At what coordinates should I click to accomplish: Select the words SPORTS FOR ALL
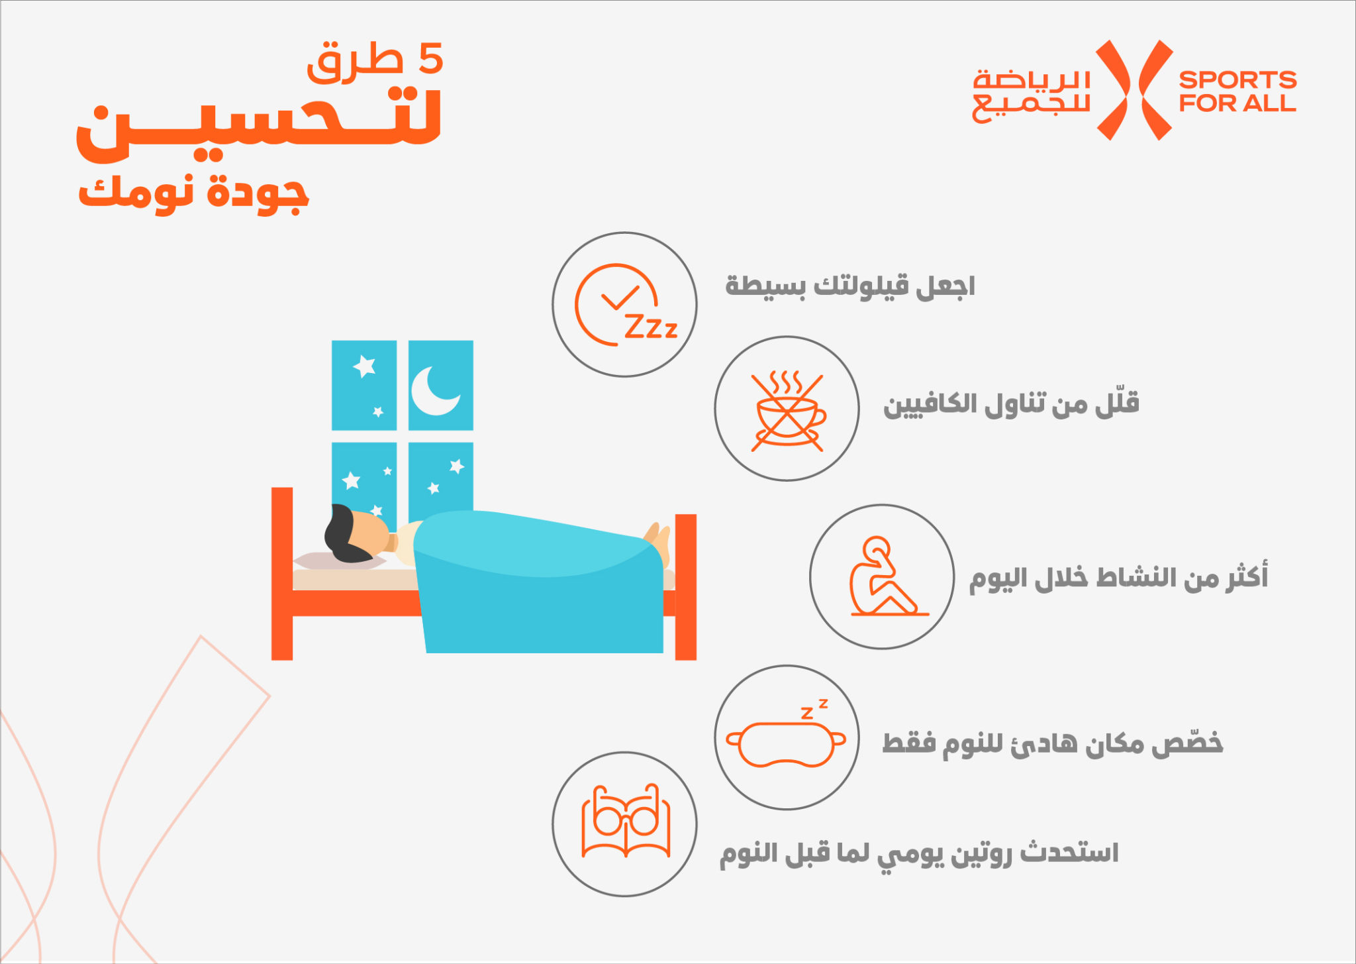click(x=1237, y=91)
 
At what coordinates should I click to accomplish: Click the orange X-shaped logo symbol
click(x=1135, y=90)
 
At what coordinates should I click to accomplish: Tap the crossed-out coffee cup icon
click(x=788, y=411)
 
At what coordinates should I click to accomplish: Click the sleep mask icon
click(x=786, y=737)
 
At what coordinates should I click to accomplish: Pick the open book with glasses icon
click(x=625, y=822)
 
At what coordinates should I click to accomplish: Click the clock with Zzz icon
click(x=624, y=305)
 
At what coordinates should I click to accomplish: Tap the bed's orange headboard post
click(x=282, y=574)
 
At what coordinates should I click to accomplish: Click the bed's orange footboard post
click(x=686, y=587)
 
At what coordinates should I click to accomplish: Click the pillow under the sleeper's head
click(x=339, y=561)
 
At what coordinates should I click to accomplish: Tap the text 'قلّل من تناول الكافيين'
click(x=1011, y=404)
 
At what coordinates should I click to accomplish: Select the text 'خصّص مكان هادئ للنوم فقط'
click(x=1052, y=743)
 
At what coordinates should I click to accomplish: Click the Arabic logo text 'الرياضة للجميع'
click(x=1031, y=95)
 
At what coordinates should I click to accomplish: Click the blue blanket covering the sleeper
click(x=540, y=583)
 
